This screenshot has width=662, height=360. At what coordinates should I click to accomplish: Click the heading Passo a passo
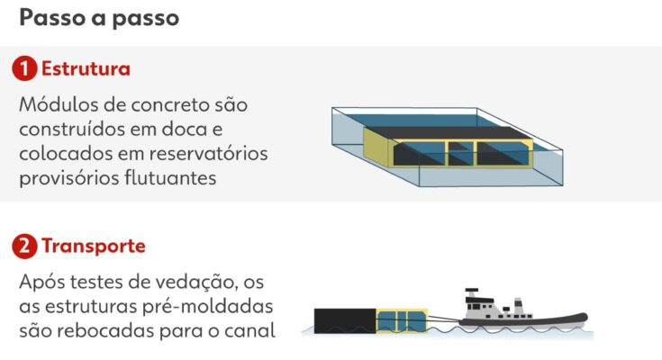(99, 18)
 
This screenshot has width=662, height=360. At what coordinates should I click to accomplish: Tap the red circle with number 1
(24, 68)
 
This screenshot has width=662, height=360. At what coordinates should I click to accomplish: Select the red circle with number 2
(24, 246)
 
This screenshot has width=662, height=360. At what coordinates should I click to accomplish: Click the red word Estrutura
(86, 68)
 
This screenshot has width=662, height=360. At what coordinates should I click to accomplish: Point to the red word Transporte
(94, 247)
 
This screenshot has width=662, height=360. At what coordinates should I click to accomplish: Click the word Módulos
(59, 104)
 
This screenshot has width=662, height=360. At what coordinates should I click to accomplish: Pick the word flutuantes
(170, 177)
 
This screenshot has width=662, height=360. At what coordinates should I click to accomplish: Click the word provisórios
(69, 178)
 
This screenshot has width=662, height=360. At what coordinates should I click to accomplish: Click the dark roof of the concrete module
(448, 133)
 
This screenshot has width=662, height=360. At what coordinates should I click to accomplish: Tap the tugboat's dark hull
(522, 320)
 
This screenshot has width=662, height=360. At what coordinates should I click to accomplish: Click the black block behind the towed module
(345, 321)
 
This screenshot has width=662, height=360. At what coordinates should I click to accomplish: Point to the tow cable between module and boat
(443, 319)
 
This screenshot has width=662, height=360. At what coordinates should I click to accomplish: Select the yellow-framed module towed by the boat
(402, 320)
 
